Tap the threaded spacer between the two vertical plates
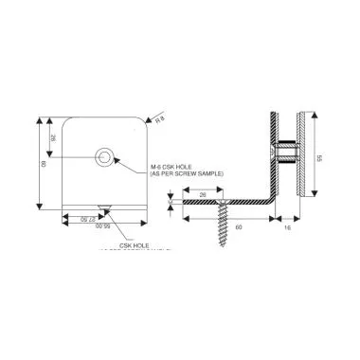point(285,151)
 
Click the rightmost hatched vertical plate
point(300,152)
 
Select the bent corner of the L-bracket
point(269,202)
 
